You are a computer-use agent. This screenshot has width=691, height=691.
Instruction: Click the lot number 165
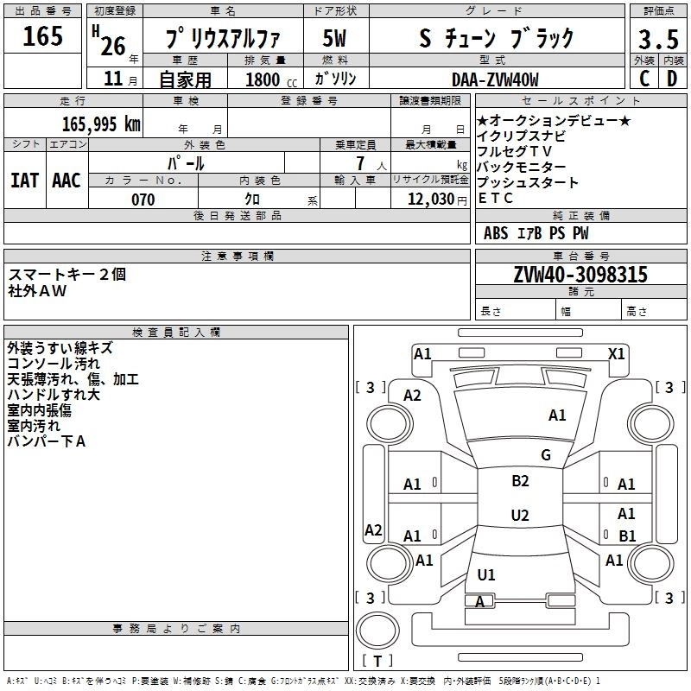tap(43, 36)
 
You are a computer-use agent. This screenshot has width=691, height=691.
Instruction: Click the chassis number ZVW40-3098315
tap(580, 276)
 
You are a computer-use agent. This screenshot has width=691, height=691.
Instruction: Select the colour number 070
tap(143, 200)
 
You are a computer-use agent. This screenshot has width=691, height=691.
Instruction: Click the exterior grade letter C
tap(643, 78)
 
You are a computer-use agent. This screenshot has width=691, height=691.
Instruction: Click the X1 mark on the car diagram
tap(617, 353)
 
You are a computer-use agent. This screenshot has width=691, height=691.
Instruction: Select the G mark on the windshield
tap(545, 454)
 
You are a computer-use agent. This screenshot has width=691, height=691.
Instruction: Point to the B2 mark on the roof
tap(520, 481)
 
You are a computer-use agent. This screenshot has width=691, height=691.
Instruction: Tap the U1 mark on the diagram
tap(486, 574)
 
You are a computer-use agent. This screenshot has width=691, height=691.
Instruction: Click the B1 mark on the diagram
tap(627, 536)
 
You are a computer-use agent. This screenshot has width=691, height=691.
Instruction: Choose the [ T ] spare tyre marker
tap(377, 662)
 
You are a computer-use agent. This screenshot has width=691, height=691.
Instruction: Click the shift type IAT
tap(24, 180)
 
